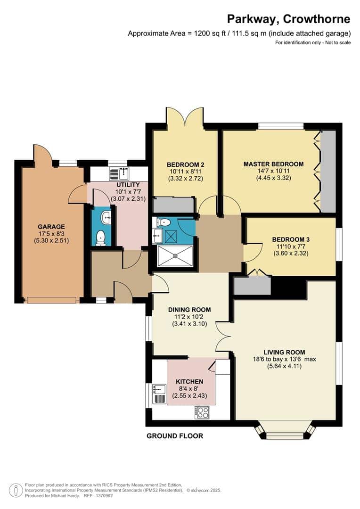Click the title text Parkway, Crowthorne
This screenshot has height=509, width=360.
coord(288,19)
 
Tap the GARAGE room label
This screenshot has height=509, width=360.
coord(52,226)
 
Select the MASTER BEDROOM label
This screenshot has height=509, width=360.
coord(273,164)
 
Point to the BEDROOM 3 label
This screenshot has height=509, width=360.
coord(291,239)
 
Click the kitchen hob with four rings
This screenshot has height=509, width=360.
coord(202,413)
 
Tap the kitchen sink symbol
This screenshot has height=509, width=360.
coord(159,389)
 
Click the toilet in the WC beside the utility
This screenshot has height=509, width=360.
coord(100,238)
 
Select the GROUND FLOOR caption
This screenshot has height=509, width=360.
coord(175,436)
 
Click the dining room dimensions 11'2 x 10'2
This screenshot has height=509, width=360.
coord(189,317)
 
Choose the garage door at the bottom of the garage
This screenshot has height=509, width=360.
coord(51,300)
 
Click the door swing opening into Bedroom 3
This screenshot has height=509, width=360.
coord(250,252)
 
